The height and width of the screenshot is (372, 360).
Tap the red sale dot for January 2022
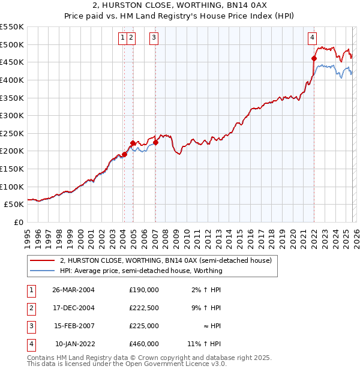(314, 58)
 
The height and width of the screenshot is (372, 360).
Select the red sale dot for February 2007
(155, 142)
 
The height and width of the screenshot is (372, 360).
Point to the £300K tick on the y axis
(12, 115)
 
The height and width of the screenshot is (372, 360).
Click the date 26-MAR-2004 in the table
(74, 290)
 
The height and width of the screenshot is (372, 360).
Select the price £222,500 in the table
(144, 308)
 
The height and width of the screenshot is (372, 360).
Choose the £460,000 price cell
(144, 344)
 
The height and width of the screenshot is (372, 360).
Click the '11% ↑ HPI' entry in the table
(204, 344)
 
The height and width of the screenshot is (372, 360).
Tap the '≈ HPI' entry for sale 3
(211, 326)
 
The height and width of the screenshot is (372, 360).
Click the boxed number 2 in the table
(31, 308)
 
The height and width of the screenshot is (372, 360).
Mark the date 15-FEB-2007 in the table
(74, 326)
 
